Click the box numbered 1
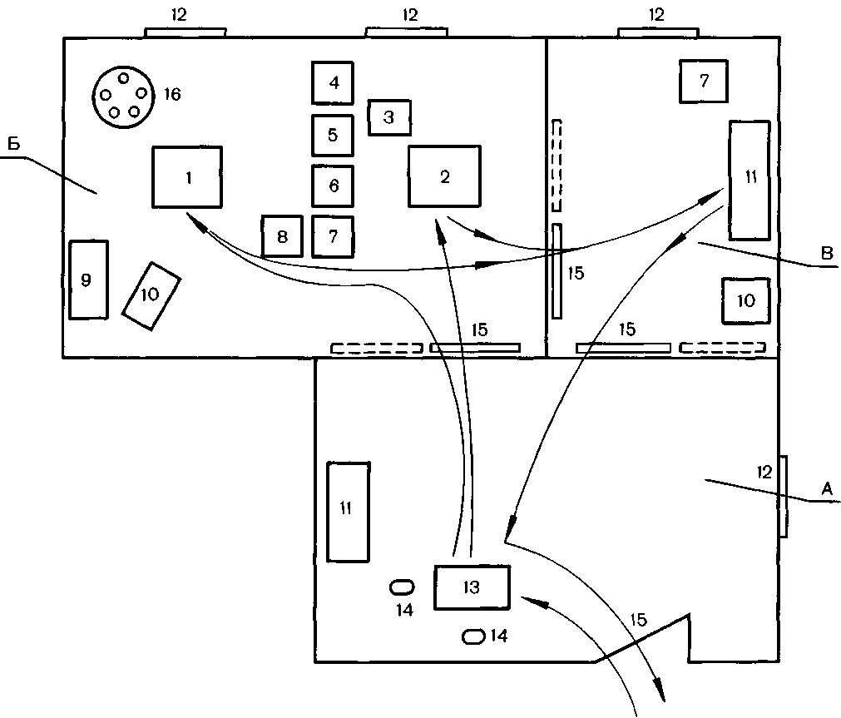(x=187, y=176)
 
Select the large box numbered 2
(x=444, y=176)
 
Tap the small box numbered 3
(x=389, y=117)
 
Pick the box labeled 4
(x=334, y=82)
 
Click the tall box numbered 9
(x=88, y=279)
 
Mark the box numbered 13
(x=471, y=587)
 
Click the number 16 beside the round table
(x=171, y=94)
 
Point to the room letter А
(x=826, y=490)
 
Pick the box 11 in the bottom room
(x=348, y=511)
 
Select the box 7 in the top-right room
(x=704, y=82)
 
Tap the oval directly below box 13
(x=472, y=636)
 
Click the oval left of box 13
(x=403, y=587)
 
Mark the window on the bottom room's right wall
(x=784, y=496)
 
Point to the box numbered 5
(x=334, y=135)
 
